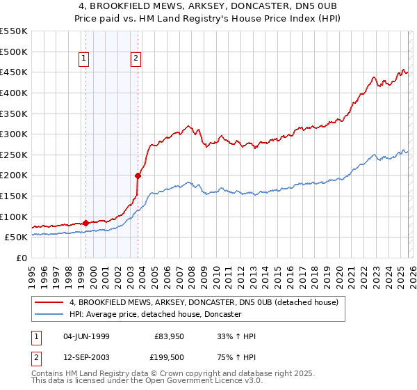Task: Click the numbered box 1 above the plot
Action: tap(83, 59)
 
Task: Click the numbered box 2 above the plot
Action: tap(136, 59)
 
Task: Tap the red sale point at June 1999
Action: tap(85, 223)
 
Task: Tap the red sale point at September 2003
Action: tap(138, 175)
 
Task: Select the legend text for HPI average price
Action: tap(154, 314)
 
